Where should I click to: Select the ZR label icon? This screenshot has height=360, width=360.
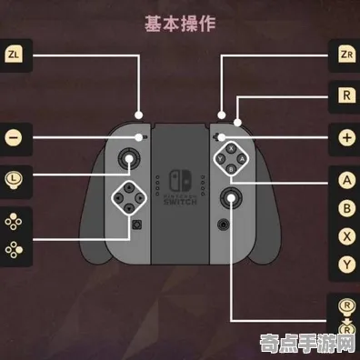click(x=345, y=54)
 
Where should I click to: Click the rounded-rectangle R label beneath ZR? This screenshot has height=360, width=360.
click(x=345, y=95)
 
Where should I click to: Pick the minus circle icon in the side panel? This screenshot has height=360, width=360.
click(x=14, y=138)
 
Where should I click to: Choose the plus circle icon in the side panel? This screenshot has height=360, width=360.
click(x=346, y=138)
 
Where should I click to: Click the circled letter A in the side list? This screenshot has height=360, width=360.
click(x=346, y=180)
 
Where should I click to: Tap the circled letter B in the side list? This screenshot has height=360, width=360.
click(x=346, y=207)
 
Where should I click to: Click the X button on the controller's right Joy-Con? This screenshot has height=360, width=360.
click(x=231, y=147)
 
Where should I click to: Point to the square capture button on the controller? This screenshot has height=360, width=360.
click(x=137, y=223)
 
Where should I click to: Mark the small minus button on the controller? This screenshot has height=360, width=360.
click(x=143, y=137)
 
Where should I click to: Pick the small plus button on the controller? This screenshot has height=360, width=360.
click(x=218, y=137)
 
